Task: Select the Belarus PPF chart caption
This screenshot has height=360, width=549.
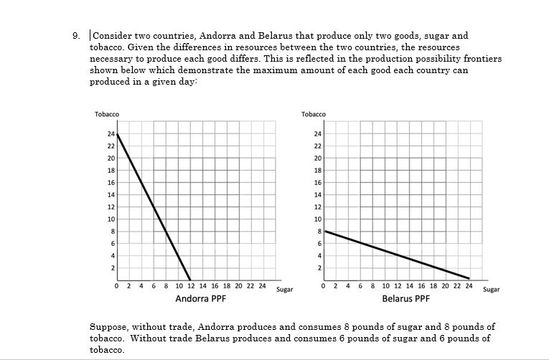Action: coord(406,298)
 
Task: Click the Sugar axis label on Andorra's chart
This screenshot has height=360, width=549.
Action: coord(285,290)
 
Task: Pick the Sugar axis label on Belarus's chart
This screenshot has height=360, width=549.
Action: coord(492,290)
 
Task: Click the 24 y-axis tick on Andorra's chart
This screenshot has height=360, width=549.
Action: coord(111,134)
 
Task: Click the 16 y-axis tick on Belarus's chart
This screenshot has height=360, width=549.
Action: coord(318,182)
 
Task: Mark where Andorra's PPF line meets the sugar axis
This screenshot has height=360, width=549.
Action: coord(190,280)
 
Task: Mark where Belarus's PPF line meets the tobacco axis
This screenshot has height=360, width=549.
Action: coord(325,231)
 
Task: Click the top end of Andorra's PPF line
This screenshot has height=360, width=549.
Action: coord(118,134)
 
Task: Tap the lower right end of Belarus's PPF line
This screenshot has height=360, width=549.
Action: coord(469,278)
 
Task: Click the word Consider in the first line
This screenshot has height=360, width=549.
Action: coord(112,35)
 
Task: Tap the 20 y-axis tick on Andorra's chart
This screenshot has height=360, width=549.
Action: coord(111,158)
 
